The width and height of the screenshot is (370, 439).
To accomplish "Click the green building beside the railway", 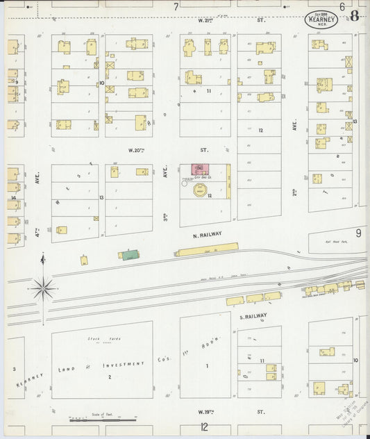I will (x=131, y=256).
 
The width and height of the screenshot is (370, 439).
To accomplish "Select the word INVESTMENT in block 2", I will (x=124, y=364).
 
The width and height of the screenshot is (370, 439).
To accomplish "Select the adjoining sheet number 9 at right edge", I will (x=359, y=233).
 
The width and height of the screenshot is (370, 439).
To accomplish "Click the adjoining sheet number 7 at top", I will (x=176, y=6).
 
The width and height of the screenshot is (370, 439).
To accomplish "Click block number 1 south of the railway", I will (x=206, y=365).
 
